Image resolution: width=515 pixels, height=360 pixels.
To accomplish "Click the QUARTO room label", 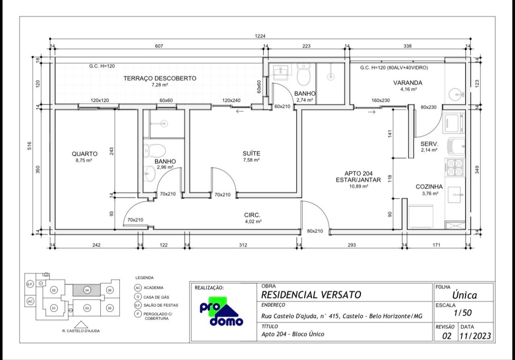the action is tap(84, 154).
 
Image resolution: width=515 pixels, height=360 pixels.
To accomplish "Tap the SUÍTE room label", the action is tap(251, 153).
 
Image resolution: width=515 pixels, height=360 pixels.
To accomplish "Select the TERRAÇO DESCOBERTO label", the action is tap(160, 78).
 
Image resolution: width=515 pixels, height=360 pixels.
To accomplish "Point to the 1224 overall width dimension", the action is tap(260, 36).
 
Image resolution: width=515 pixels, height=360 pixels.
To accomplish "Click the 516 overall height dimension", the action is tap(29, 146).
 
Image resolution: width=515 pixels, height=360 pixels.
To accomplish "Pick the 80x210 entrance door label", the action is tap(315, 231).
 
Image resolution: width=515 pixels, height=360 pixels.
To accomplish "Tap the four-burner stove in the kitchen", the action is tap(454, 168).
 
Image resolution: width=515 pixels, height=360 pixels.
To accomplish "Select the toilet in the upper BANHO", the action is tap(303, 74).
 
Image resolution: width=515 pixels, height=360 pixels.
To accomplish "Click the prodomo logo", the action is tap(221, 311).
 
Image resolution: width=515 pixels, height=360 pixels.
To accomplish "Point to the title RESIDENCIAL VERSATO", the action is tap(311, 295).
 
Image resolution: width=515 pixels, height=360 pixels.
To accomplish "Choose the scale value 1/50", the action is tap(463, 313).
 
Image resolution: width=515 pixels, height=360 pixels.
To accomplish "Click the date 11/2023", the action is tap(475, 336).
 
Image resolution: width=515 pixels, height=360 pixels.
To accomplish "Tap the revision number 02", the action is tap(447, 336).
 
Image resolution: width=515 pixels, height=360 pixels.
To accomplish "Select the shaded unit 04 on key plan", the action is tap(87, 290).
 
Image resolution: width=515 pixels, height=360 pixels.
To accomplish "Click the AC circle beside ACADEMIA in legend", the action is tap(138, 288).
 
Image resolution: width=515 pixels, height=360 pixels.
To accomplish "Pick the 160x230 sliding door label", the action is tap(381, 100).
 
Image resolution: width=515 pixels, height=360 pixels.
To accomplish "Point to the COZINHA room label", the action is tap(429, 187).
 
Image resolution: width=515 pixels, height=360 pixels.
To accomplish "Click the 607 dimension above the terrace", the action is tap(159, 46).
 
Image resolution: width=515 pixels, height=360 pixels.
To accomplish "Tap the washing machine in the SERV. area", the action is tap(454, 122).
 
